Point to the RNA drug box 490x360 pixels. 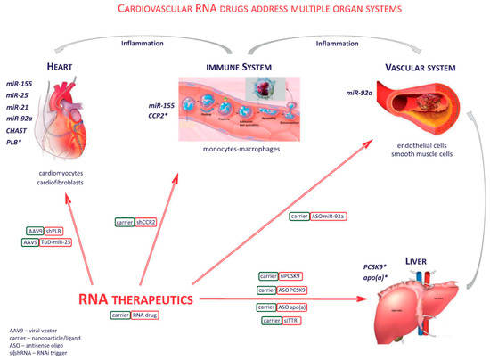click(x=166, y=315)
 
